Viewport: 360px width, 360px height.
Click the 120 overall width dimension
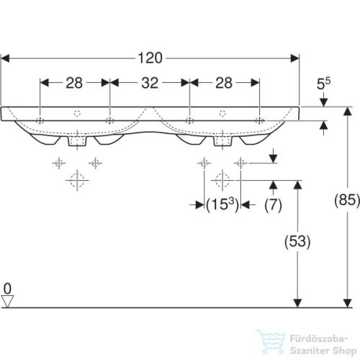click(x=150, y=58)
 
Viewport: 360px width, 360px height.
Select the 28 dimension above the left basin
click(x=74, y=83)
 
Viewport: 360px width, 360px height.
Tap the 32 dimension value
click(x=149, y=83)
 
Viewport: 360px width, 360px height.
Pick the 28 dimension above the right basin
click(x=224, y=83)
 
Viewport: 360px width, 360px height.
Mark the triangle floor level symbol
click(x=8, y=301)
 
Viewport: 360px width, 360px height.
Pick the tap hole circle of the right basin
click(x=223, y=114)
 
